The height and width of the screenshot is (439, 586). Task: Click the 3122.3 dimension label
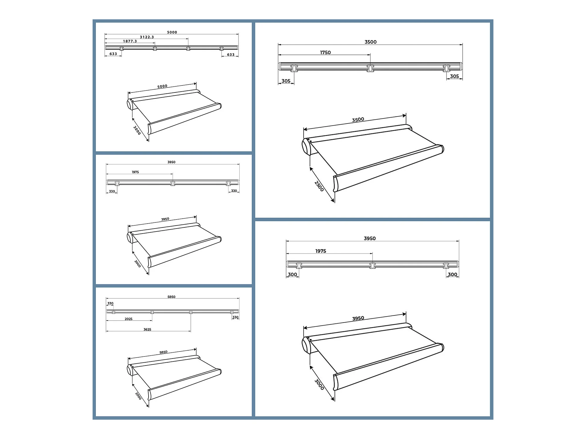coord(147,37)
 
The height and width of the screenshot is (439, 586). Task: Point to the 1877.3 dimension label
coord(130,41)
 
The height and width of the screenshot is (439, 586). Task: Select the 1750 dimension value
coord(325,53)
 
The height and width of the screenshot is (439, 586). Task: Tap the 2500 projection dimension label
coord(319,186)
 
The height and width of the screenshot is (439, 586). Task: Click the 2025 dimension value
coord(129,319)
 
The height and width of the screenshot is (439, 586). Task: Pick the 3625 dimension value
coord(147,330)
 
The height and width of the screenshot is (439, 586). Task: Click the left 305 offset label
coord(286,81)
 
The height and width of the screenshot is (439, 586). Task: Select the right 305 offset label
coord(454,76)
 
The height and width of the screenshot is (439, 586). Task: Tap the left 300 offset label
coord(292,275)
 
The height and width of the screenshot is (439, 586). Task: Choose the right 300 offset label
coord(452,275)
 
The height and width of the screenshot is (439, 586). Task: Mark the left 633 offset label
coord(113,54)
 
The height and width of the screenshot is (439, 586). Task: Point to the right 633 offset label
coord(231,55)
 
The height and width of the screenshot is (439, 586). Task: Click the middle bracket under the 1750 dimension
coord(370,68)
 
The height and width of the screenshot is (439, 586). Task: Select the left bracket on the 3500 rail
coord(294,68)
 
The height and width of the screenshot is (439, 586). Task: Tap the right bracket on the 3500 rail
coord(446,68)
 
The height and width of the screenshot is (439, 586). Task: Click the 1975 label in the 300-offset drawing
coord(321,251)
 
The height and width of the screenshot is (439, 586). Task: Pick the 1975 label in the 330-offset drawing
coord(135,172)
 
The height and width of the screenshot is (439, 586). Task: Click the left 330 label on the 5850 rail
coord(110,303)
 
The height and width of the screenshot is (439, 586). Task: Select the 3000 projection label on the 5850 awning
coord(138,396)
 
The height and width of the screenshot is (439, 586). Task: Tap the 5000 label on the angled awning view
coord(162,86)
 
